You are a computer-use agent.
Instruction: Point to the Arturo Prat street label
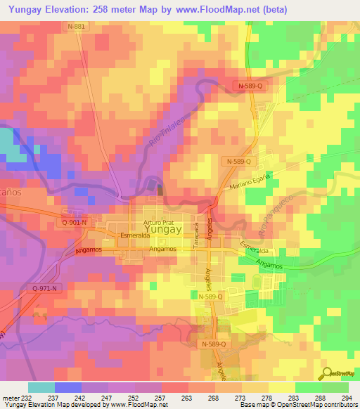click(157, 221)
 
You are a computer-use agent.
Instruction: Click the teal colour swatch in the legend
click(41, 387)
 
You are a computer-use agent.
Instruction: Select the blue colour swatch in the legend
click(68, 387)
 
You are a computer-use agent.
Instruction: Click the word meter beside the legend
click(8, 396)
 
